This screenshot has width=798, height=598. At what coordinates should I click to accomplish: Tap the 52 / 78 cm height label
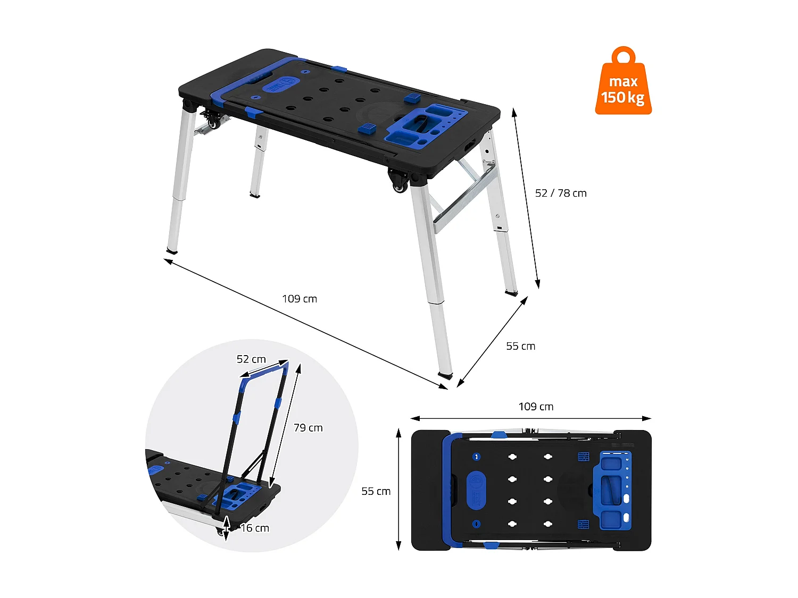(x=561, y=193)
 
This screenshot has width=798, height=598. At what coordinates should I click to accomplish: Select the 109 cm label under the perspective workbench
(x=300, y=299)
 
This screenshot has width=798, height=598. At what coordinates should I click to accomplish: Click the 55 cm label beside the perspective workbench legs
(x=520, y=346)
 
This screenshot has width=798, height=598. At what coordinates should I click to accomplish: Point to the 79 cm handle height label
(x=308, y=428)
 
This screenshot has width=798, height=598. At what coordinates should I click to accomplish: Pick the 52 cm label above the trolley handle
(x=251, y=359)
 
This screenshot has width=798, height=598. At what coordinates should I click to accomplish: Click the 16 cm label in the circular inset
(x=255, y=528)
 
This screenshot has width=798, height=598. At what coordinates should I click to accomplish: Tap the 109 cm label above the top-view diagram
(x=536, y=407)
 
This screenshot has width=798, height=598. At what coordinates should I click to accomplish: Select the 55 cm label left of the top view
(x=376, y=491)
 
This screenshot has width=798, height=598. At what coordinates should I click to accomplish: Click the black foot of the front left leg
(x=172, y=250)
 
